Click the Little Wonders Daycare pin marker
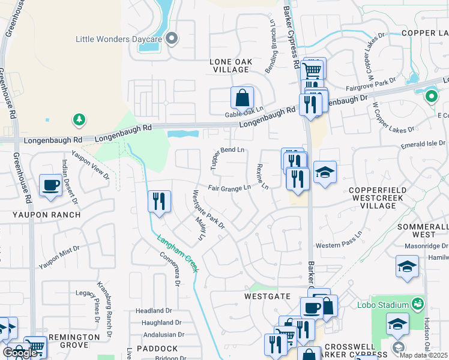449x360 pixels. point(172,39)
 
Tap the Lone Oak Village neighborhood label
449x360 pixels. point(231,65)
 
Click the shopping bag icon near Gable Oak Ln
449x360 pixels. point(242,97)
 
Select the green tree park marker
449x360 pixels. point(79,120)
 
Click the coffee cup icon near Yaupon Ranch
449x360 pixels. point(51,185)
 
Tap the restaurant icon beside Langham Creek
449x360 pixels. point(159,201)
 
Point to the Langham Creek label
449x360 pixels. point(178,254)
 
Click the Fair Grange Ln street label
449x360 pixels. point(229,188)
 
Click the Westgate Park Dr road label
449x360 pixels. point(208,209)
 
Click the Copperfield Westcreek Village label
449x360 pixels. point(381,197)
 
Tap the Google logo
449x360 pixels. point(20,353)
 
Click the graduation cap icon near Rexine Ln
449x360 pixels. point(325,173)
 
